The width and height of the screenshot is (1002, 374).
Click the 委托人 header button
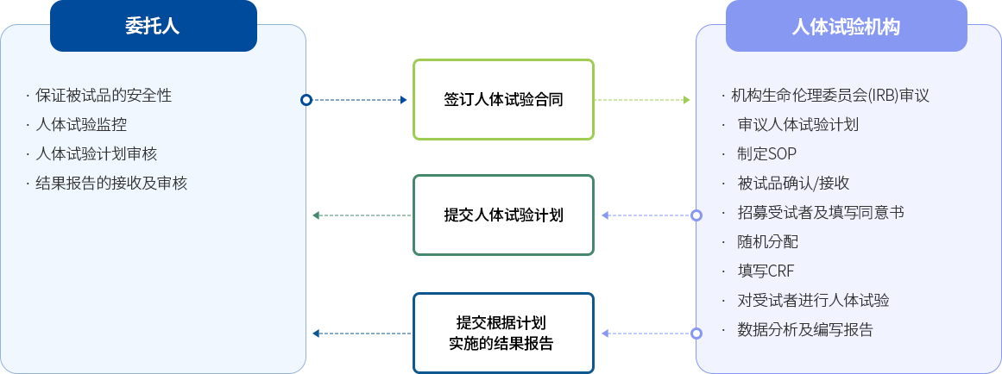click(x=153, y=26)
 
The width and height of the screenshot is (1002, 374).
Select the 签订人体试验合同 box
click(x=503, y=99)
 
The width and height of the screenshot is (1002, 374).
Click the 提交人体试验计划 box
click(x=503, y=215)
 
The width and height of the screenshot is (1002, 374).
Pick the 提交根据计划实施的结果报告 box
click(x=503, y=333)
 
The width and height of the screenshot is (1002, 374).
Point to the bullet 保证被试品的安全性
click(x=104, y=95)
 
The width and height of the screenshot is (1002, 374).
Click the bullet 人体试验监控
click(x=81, y=124)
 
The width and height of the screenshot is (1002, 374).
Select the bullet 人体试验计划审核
click(x=96, y=153)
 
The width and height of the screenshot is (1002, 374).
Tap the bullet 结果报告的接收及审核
click(x=111, y=183)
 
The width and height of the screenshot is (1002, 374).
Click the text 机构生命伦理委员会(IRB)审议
click(x=829, y=95)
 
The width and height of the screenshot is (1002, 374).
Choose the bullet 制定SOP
click(x=766, y=153)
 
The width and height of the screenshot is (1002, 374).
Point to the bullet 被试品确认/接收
click(x=793, y=183)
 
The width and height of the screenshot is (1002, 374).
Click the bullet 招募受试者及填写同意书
click(x=820, y=212)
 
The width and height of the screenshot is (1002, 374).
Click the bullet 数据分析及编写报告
click(x=804, y=329)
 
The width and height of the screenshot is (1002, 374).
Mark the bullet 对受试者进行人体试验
click(x=813, y=300)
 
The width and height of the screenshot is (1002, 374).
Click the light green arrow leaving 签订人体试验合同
click(x=643, y=100)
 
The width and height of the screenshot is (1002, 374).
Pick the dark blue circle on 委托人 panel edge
click(x=306, y=100)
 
